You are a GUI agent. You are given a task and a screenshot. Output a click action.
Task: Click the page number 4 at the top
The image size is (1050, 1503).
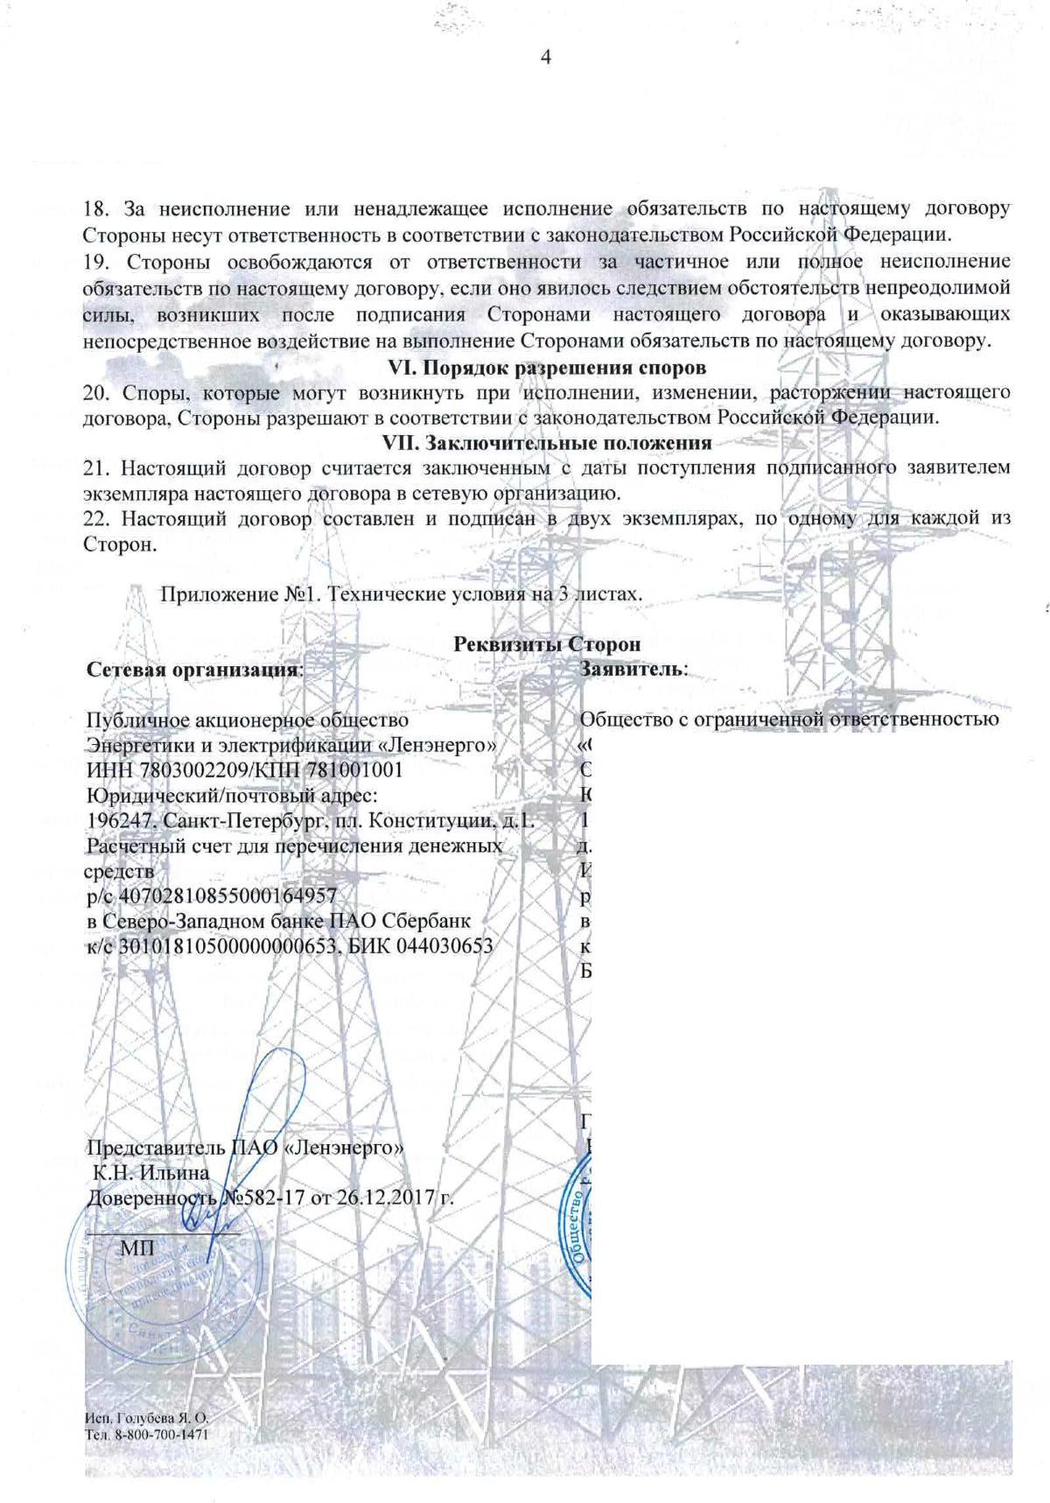(548, 59)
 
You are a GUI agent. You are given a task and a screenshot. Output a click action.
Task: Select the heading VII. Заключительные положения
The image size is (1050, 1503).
(548, 442)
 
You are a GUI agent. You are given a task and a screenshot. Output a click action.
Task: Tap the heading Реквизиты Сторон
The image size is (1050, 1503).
(548, 643)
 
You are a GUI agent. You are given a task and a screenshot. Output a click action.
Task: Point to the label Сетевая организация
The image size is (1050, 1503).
(193, 670)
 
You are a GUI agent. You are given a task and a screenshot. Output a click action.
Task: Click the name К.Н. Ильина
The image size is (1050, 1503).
(151, 1172)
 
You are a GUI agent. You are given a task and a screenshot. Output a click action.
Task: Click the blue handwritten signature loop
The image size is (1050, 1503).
(280, 1085)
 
